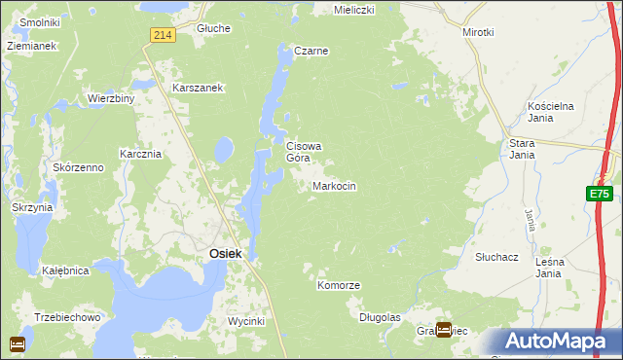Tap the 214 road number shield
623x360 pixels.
pos(163,35)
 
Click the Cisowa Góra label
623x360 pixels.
pos(303,152)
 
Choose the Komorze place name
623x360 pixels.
pos(339,285)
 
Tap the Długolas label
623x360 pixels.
pos(380,317)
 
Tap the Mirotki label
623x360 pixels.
pos(478,32)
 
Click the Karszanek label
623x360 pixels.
pos(199,88)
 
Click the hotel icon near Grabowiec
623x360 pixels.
pos(444,331)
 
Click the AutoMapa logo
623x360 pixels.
pos(560,342)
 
